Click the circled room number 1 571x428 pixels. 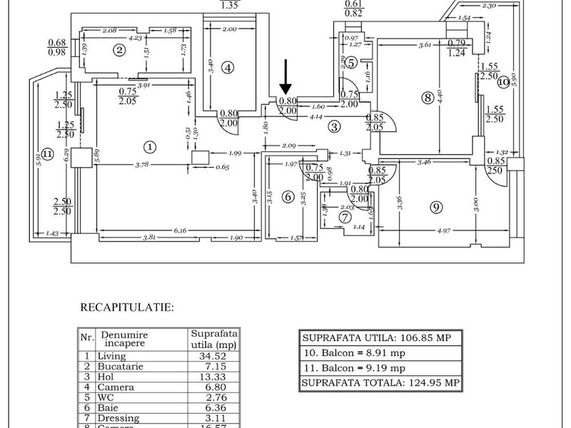coord(149,147)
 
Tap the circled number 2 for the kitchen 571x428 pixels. coord(120,49)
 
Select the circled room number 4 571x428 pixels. coord(228,68)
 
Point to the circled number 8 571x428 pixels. coord(428,98)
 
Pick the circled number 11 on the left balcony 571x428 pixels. coord(47,153)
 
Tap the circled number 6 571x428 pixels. coord(288,197)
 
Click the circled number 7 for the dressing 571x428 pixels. coord(345,216)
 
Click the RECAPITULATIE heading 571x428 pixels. coord(126,308)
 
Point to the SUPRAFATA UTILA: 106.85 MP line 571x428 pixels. coord(377,337)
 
